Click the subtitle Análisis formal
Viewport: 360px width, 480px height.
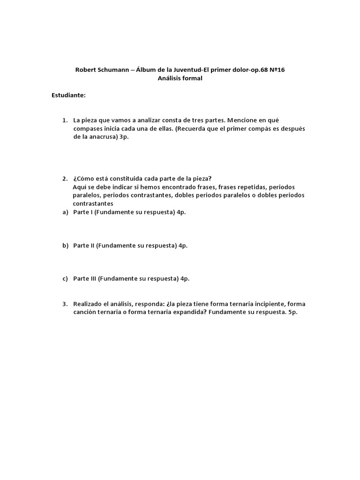(180, 78)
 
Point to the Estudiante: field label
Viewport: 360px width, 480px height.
(68, 95)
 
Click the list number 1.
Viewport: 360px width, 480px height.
(65, 120)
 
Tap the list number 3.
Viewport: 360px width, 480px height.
(65, 304)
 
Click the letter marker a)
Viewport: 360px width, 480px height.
(66, 212)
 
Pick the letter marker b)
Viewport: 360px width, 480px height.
(66, 245)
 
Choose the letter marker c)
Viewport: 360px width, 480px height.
(66, 278)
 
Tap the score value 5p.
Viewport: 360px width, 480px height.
(293, 312)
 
